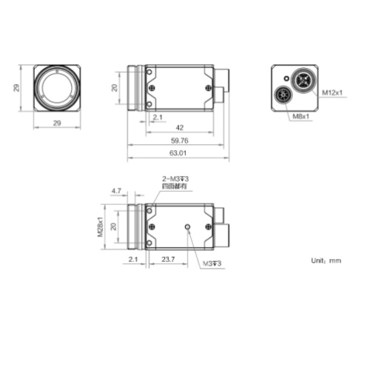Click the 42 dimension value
click(x=179, y=127)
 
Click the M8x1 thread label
click(x=301, y=116)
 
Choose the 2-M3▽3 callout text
click(x=175, y=179)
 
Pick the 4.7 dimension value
click(x=116, y=191)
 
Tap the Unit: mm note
click(x=326, y=260)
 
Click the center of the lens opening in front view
click(x=57, y=88)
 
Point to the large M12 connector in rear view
click(x=303, y=80)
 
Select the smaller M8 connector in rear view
click(x=284, y=95)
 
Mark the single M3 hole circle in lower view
click(x=189, y=226)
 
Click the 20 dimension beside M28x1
click(x=113, y=226)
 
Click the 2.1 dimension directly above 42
click(x=157, y=117)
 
